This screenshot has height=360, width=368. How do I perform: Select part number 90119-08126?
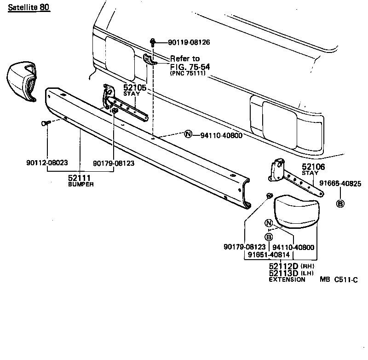pos(189,42)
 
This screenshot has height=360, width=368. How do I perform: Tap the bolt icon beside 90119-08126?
pos(153,42)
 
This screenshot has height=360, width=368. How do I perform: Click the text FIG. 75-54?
pos(190,66)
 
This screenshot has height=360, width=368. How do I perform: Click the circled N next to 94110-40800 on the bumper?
pos(188,135)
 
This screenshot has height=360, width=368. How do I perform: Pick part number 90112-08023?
pos(47,163)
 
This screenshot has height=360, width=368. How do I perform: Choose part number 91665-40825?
pos(341,183)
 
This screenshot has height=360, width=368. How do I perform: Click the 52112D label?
pos(283,266)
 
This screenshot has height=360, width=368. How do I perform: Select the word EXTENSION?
pos(287,279)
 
